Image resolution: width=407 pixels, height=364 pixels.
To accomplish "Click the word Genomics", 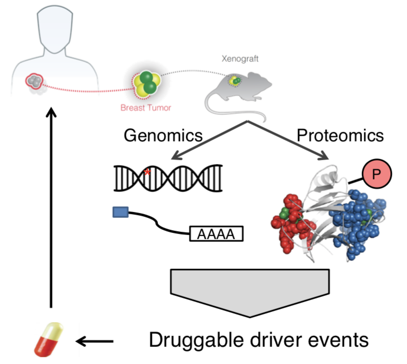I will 163,136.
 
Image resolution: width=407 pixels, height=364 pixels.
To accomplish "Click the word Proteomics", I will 340,136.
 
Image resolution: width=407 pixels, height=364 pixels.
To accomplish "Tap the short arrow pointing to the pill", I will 95,341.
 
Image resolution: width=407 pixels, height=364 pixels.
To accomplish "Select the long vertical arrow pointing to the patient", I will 51,208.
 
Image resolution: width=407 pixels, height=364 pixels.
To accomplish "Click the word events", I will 339,341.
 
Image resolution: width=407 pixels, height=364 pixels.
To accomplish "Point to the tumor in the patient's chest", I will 34,81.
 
